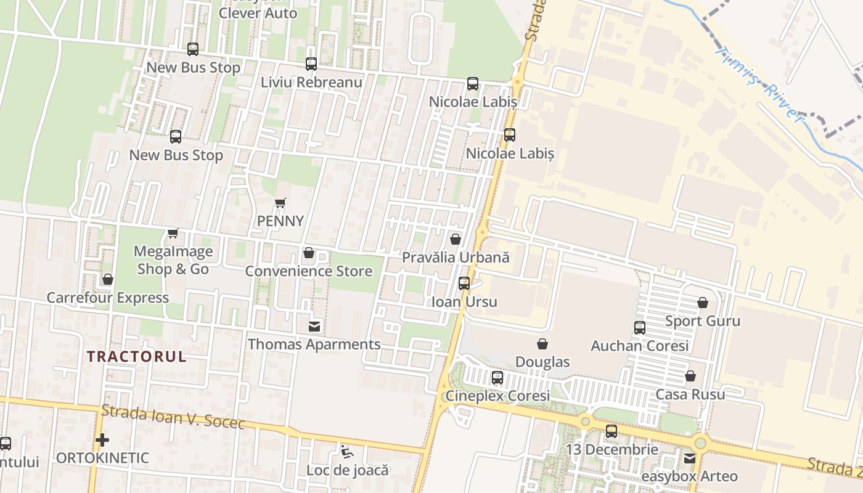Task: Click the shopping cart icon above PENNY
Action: coord(280,203)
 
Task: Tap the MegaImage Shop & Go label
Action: coord(173,260)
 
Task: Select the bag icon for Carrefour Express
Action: coord(108,280)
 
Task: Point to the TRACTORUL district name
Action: coord(136,357)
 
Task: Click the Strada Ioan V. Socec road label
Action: coord(173,417)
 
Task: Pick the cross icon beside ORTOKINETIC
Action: coord(102,440)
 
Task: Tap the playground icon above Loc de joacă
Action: coord(347,452)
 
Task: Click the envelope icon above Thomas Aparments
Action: coord(314,326)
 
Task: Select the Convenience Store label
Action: coord(309,271)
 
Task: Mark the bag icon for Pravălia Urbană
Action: coord(456,239)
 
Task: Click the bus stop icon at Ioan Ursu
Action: coord(464,283)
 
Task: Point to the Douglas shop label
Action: coord(542,362)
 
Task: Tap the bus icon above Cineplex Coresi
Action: coord(497,378)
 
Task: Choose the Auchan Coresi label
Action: coord(640,346)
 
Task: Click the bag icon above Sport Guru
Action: coord(703,303)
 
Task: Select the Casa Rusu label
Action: coord(690,394)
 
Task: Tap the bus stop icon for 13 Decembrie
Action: coord(611,431)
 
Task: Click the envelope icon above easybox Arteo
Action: coord(690,458)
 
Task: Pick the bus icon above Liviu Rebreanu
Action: coord(311,63)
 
